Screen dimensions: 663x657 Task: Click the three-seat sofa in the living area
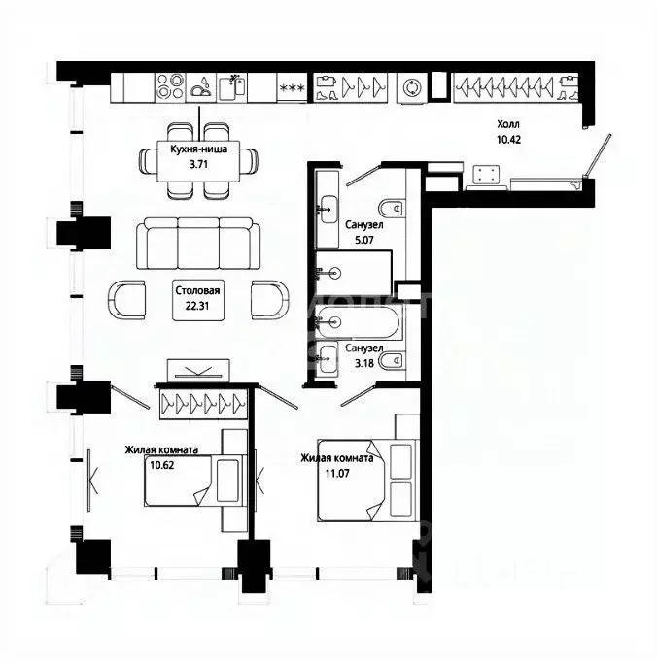(198, 244)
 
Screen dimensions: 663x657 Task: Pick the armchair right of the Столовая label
(267, 299)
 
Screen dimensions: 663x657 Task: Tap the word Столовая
(197, 290)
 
